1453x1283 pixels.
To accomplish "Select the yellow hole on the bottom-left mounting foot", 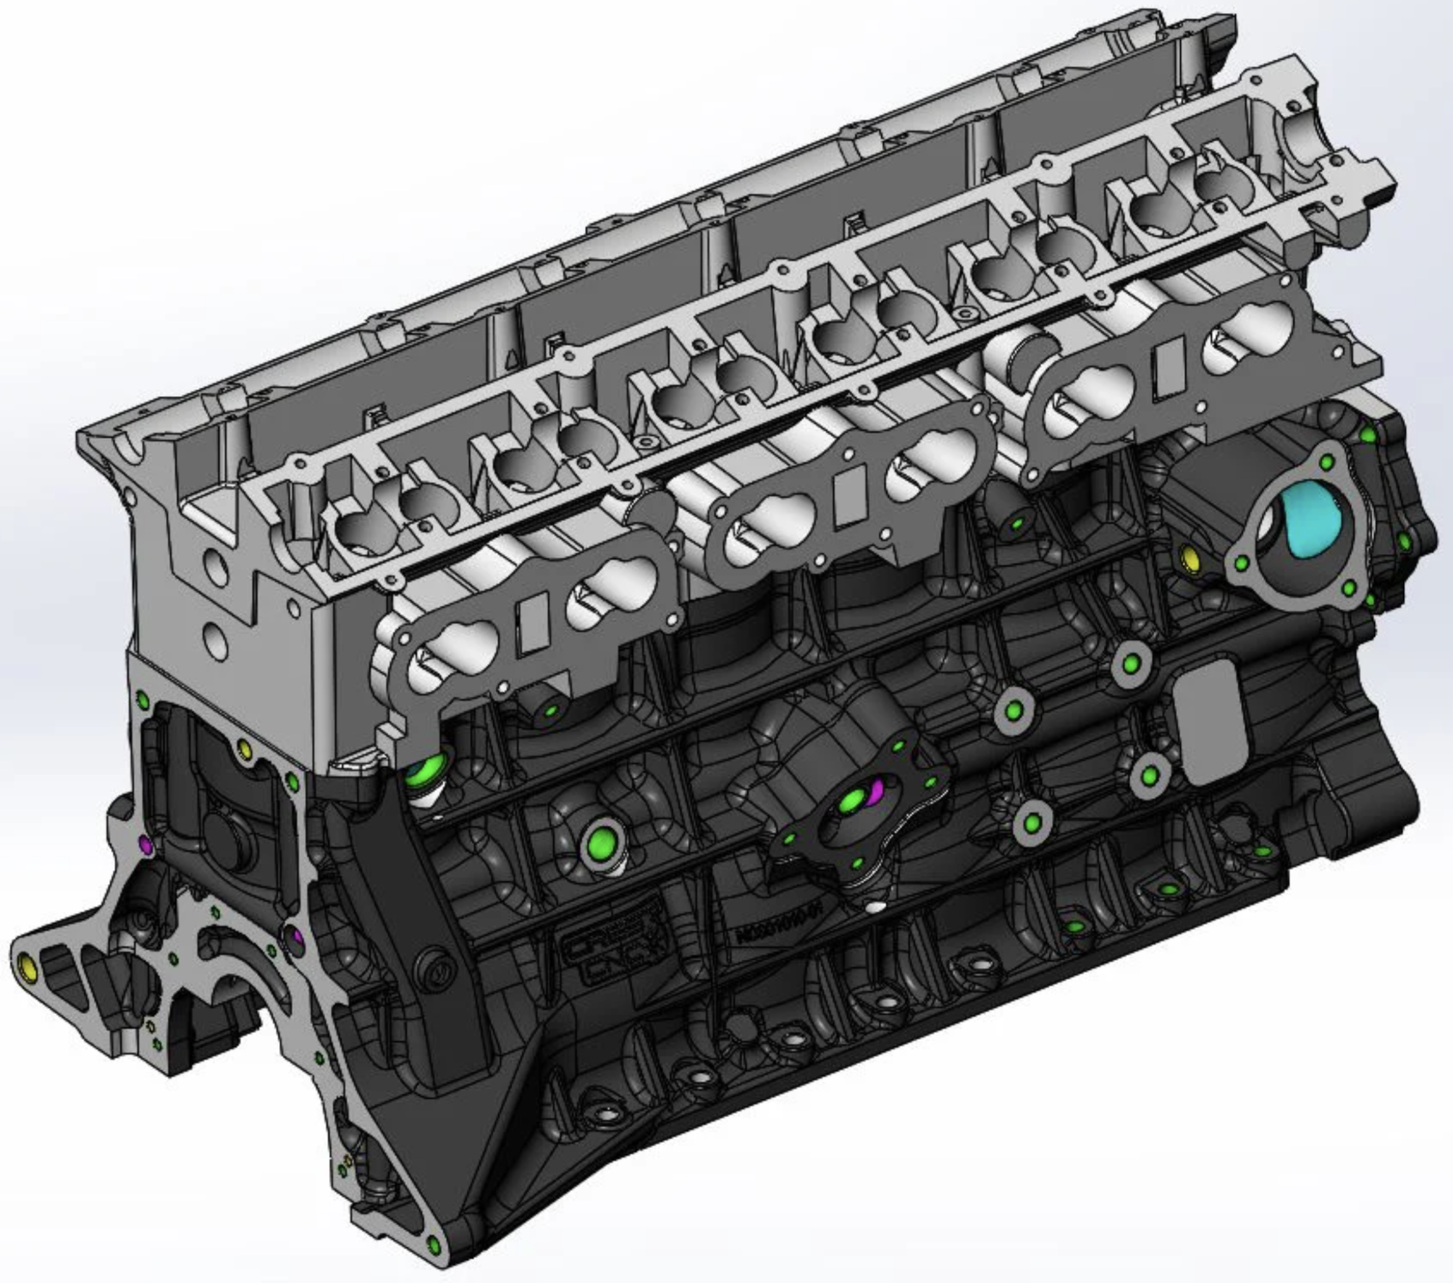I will pos(27,969).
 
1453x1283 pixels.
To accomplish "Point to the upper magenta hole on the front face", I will pos(145,845).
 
